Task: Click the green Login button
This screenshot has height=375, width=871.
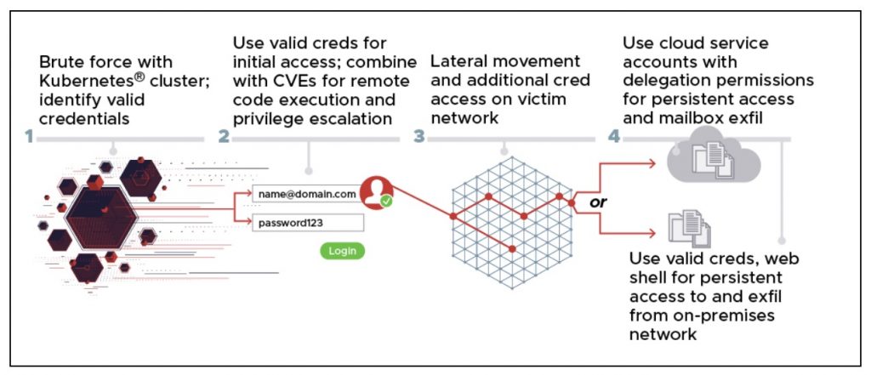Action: [343, 251]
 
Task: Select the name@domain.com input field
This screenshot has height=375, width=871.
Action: [307, 195]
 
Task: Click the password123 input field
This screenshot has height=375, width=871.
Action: [307, 223]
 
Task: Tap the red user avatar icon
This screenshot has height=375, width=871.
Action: [374, 191]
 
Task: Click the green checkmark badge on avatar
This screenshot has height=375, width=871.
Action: [386, 202]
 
